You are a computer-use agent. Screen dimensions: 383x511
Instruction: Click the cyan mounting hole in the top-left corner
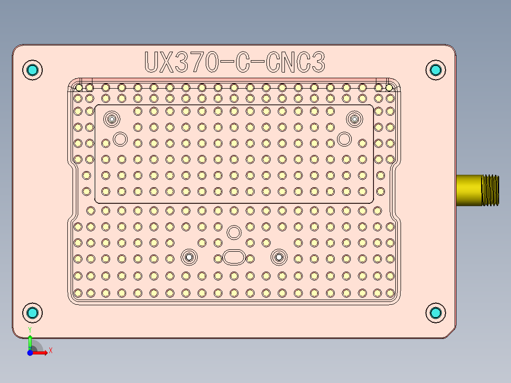pos(33,70)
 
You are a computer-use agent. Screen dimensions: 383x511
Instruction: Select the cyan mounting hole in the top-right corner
pos(435,70)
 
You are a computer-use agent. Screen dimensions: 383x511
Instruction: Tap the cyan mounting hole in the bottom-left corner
pos(33,313)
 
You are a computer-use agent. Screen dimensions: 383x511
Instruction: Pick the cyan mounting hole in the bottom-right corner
pos(435,313)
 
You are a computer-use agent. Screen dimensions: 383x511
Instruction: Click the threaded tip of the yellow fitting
pos(491,190)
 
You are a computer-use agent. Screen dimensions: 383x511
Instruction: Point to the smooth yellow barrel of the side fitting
pos(469,190)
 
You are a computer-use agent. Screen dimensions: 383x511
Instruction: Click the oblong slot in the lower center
pos(234,257)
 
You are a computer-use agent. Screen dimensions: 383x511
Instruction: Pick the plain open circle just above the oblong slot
pos(233,232)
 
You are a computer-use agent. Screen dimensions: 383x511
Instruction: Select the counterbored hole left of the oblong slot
pos(189,257)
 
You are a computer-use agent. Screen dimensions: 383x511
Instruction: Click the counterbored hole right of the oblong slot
pos(278,257)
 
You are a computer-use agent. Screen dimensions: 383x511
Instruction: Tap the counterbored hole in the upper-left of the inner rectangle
pos(112,119)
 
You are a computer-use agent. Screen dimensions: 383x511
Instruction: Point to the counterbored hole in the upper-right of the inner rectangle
pos(354,119)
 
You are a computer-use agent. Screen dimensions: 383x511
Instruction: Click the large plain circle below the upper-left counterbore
pos(120,139)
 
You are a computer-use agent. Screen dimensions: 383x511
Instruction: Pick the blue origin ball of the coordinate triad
pos(30,353)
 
